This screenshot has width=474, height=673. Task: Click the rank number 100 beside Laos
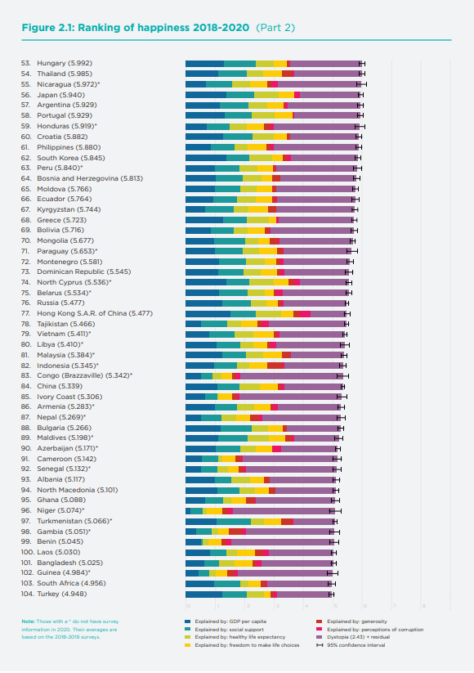point(27,552)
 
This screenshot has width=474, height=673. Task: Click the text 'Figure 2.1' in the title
point(45,27)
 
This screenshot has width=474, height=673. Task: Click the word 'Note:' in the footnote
point(29,622)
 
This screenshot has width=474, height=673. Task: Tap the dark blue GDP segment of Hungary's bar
point(204,63)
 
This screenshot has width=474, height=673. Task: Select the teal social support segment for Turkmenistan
point(234,521)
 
